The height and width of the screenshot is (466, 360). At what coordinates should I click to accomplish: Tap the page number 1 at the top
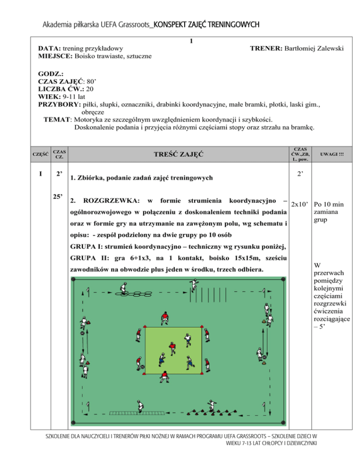click(x=191, y=41)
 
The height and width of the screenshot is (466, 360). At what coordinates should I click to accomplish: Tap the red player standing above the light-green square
click(x=164, y=317)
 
